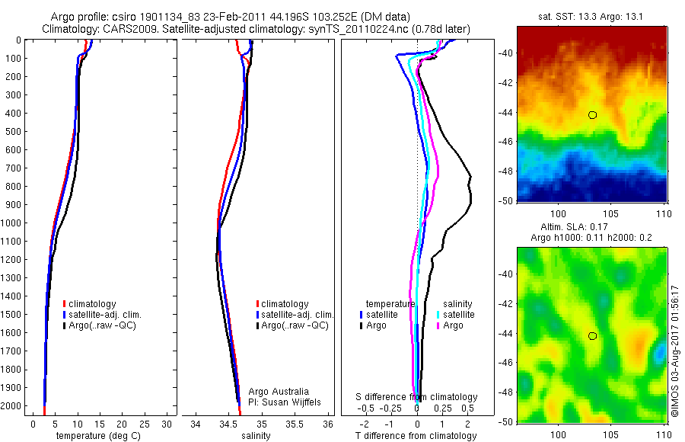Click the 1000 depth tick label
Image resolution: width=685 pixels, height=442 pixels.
tap(11, 223)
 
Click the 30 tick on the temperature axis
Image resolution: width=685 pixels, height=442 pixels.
tap(167, 424)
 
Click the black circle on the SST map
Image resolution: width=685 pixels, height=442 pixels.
tap(592, 115)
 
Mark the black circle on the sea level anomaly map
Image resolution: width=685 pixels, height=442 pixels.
tap(592, 336)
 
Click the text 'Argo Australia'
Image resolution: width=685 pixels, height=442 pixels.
tap(279, 392)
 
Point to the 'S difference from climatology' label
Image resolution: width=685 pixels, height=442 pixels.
tap(417, 398)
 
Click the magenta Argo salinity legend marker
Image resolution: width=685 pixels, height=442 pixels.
tap(438, 326)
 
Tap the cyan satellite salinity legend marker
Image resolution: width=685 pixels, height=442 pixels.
tap(438, 315)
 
